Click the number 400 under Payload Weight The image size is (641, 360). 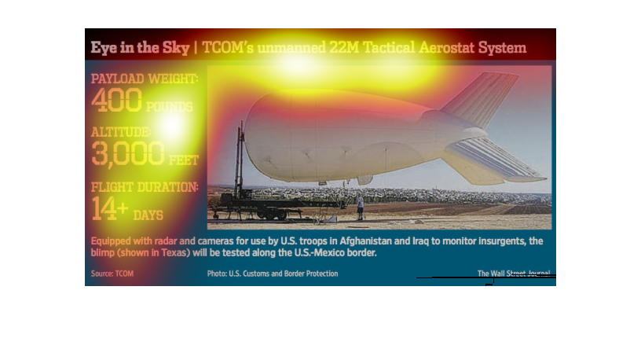click(116, 101)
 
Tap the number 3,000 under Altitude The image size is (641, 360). click(128, 153)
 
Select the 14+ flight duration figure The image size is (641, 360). click(109, 208)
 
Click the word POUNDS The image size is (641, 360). click(169, 107)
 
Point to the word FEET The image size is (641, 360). click(184, 160)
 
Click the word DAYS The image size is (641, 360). click(148, 215)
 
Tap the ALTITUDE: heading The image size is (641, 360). click(121, 132)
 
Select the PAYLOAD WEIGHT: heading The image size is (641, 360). click(145, 79)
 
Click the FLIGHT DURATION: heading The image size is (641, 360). click(145, 187)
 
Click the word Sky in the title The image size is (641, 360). click(176, 48)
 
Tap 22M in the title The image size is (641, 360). click(344, 47)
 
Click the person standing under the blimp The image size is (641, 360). click(360, 207)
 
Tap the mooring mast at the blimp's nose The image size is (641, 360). click(240, 162)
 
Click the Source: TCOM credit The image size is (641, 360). click(112, 274)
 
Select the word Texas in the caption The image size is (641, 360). click(176, 252)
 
